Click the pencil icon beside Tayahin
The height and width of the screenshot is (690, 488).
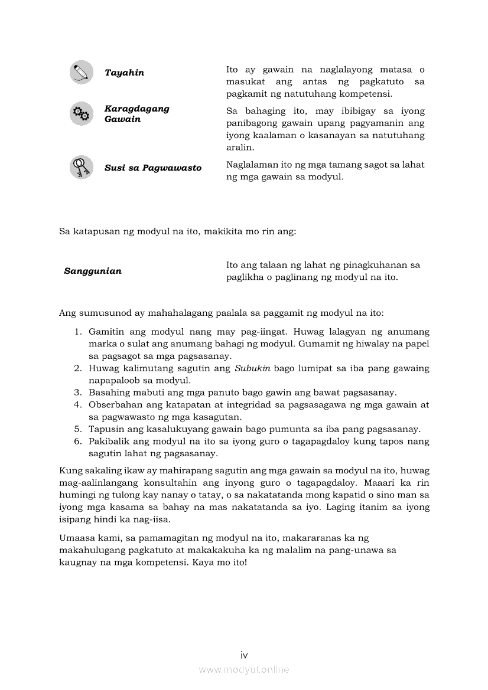click(x=81, y=72)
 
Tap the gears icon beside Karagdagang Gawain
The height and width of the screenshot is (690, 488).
click(x=81, y=113)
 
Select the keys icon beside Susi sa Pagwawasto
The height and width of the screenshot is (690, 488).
click(x=81, y=167)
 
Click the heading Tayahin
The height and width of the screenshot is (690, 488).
click(x=124, y=73)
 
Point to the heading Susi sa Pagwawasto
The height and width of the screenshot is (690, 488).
click(x=153, y=168)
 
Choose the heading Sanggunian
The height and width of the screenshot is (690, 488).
click(x=93, y=271)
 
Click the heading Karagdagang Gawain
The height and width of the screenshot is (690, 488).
click(x=136, y=114)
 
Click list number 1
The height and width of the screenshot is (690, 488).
click(x=77, y=332)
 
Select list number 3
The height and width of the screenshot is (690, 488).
click(x=77, y=393)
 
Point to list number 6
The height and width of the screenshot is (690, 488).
click(x=77, y=442)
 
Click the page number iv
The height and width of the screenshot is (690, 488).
click(x=244, y=655)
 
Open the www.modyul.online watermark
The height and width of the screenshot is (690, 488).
click(x=244, y=669)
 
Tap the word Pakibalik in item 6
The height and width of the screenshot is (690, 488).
click(x=109, y=442)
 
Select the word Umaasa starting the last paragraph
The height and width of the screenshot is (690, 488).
click(x=77, y=538)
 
